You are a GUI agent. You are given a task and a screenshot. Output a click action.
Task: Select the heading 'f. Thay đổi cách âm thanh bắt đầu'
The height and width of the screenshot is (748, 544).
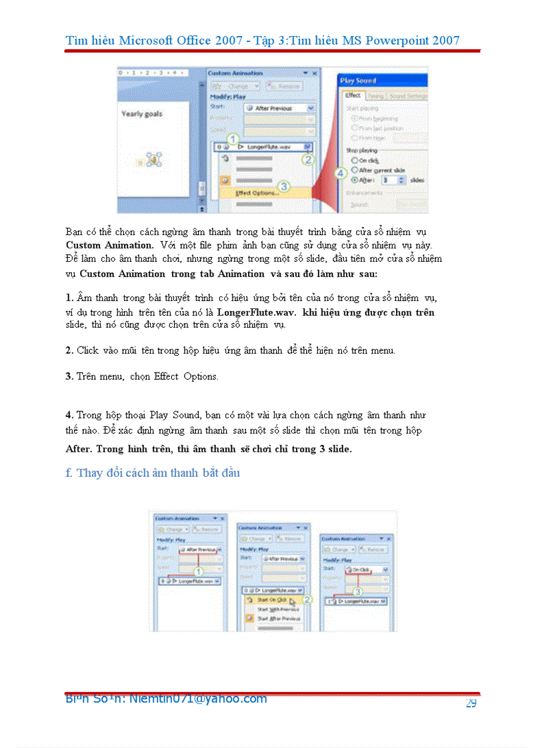pyautogui.click(x=153, y=473)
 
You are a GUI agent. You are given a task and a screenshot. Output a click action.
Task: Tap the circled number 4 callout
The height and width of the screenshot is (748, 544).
pyautogui.click(x=341, y=173)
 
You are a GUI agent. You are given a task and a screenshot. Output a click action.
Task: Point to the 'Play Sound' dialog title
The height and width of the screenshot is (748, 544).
pyautogui.click(x=359, y=81)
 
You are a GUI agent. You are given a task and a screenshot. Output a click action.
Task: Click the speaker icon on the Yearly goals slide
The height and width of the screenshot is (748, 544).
pyautogui.click(x=153, y=160)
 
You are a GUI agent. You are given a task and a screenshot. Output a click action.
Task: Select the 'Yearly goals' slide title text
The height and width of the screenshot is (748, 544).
pyautogui.click(x=141, y=114)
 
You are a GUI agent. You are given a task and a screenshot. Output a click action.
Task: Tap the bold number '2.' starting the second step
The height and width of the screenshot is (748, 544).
pyautogui.click(x=69, y=350)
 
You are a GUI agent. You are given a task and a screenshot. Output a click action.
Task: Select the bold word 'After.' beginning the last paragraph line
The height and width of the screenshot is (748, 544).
pyautogui.click(x=78, y=449)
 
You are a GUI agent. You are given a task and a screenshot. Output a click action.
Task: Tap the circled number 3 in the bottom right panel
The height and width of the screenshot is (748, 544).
pyautogui.click(x=357, y=591)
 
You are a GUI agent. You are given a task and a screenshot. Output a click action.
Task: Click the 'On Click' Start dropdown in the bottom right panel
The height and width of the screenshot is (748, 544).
pyautogui.click(x=366, y=570)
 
